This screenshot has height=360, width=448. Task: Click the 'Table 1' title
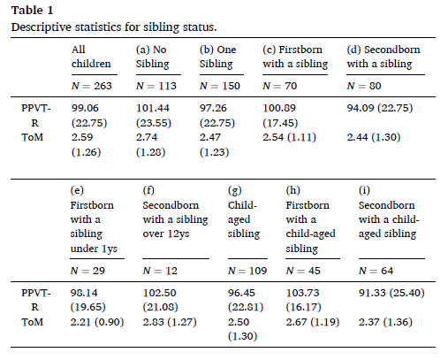[32, 11]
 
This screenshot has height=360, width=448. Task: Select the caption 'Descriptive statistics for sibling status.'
[114, 27]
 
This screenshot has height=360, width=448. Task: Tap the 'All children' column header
[91, 57]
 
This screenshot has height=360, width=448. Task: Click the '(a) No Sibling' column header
[153, 57]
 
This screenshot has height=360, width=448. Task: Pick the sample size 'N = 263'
[92, 86]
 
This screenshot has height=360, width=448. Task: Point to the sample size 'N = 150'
[220, 86]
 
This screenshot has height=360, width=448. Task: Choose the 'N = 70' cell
[280, 86]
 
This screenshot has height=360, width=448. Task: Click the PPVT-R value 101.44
[153, 108]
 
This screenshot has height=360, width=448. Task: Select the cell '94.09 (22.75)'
[380, 108]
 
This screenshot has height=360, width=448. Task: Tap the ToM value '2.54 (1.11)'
[289, 137]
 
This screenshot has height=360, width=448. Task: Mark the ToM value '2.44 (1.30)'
[374, 137]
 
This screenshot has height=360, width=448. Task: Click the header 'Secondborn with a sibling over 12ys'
[175, 219]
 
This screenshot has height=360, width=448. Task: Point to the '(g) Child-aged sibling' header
[244, 212]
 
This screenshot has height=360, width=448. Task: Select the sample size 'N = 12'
[160, 271]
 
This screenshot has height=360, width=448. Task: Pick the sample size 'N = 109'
[247, 271]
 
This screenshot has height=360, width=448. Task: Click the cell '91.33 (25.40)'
[391, 293]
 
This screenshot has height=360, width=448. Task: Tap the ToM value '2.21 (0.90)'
[97, 322]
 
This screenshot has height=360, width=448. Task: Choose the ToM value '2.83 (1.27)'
[170, 322]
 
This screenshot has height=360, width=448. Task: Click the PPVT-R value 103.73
[302, 293]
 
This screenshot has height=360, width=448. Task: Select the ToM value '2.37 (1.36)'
[385, 322]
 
